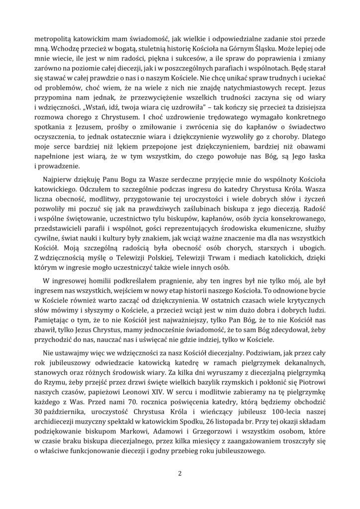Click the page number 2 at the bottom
(x=180, y=473)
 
